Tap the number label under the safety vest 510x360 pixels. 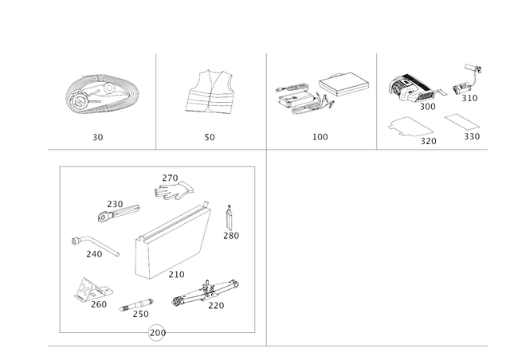tap(210, 138)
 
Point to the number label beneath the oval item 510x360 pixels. tap(97, 138)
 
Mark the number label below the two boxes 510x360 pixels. tap(320, 138)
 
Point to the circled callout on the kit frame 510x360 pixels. tap(157, 332)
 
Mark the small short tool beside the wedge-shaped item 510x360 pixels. tap(135, 306)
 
